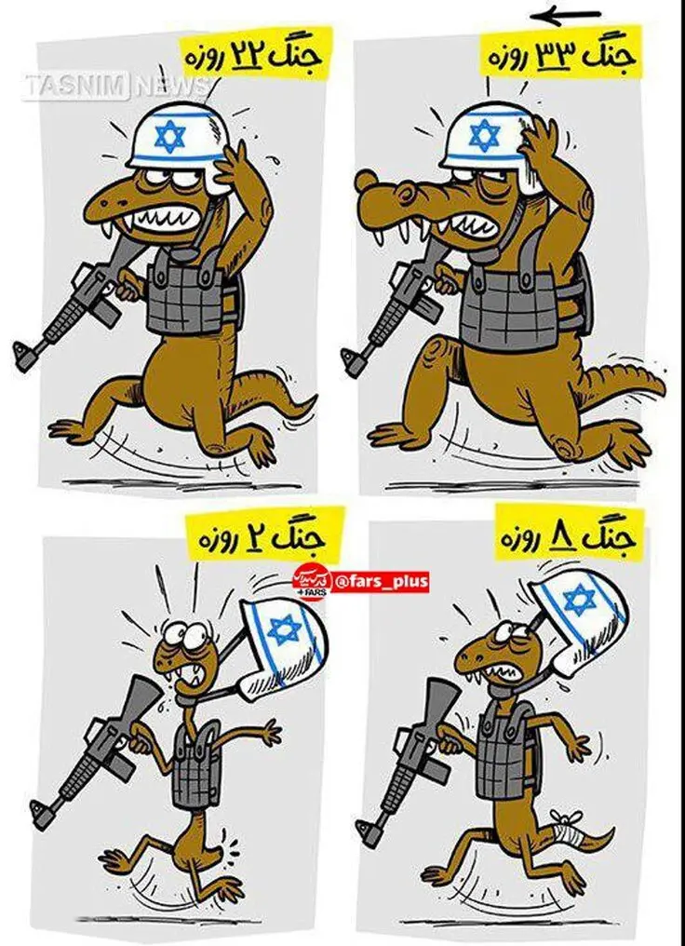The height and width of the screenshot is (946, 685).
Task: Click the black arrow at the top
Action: pos(565,16)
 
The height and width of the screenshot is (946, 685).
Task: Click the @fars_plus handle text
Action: pos(381,582)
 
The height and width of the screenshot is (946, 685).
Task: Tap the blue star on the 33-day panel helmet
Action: pos(484,135)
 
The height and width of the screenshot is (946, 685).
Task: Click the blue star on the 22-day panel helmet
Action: pos(170,136)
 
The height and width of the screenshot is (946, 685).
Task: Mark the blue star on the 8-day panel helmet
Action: pos(580,599)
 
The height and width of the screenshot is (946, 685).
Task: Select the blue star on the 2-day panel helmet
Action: pos(285,629)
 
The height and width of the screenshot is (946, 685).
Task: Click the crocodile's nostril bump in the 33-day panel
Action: pos(367,180)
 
